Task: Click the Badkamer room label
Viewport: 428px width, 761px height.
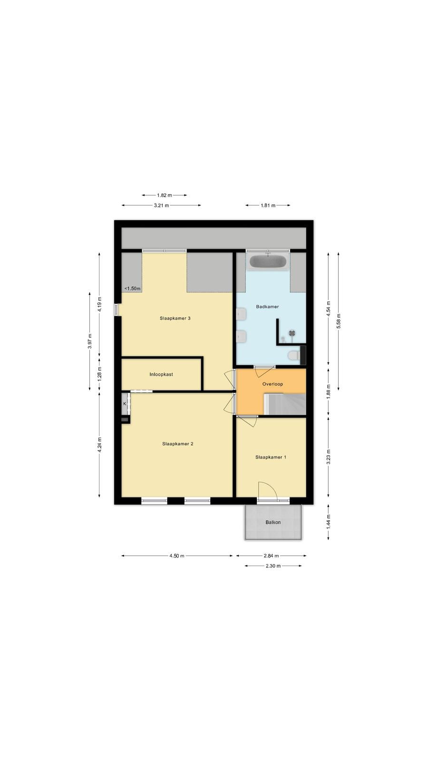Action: pyautogui.click(x=267, y=306)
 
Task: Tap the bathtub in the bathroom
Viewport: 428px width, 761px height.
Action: pyautogui.click(x=268, y=262)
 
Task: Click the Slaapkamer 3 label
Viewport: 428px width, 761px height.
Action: pyautogui.click(x=175, y=318)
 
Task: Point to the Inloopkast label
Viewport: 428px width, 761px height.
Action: pyautogui.click(x=161, y=374)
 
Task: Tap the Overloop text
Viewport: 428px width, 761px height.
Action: pyautogui.click(x=272, y=384)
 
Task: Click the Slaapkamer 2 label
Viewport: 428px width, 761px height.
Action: pyautogui.click(x=178, y=444)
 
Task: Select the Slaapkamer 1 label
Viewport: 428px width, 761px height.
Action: pyautogui.click(x=271, y=457)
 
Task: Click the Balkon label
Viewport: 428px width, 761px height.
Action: pyautogui.click(x=273, y=522)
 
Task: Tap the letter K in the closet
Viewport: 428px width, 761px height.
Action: pyautogui.click(x=125, y=404)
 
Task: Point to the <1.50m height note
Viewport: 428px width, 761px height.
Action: pyautogui.click(x=133, y=288)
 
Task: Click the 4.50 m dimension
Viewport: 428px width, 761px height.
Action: pyautogui.click(x=176, y=556)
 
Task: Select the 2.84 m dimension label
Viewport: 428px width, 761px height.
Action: pyautogui.click(x=271, y=556)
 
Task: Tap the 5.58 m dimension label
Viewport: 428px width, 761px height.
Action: pyautogui.click(x=338, y=321)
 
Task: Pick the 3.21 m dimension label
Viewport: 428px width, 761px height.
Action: pyautogui.click(x=161, y=205)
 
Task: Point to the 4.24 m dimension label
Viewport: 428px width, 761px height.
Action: pyautogui.click(x=99, y=444)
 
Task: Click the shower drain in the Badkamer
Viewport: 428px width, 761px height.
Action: pyautogui.click(x=292, y=333)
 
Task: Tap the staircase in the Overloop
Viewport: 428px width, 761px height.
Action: pyautogui.click(x=285, y=404)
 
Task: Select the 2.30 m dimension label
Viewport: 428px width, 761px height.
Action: pyautogui.click(x=273, y=566)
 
